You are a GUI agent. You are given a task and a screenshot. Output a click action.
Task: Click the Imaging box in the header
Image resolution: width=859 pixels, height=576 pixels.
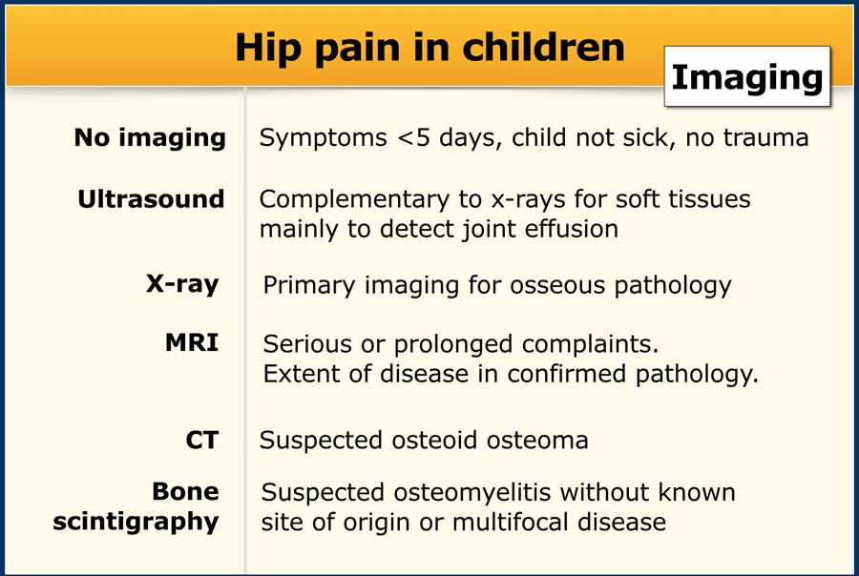747,76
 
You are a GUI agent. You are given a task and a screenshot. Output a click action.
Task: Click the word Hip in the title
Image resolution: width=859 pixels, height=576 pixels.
268,49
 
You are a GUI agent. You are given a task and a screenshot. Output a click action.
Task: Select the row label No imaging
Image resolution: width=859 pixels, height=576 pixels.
150,138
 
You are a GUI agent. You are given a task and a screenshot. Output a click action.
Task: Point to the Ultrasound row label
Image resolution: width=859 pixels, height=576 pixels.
151,198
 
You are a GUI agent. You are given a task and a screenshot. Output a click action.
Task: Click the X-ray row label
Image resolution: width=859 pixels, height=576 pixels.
182,284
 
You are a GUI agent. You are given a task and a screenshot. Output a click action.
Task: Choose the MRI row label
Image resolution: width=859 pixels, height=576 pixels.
192,342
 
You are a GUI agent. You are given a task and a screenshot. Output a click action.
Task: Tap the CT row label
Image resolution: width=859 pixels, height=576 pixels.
202,441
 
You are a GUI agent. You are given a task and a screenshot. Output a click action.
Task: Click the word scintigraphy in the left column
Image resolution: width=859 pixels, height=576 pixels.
136,522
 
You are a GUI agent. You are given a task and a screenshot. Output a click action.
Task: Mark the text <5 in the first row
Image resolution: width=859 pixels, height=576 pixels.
413,138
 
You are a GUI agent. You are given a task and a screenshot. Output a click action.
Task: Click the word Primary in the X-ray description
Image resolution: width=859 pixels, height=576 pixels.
309,286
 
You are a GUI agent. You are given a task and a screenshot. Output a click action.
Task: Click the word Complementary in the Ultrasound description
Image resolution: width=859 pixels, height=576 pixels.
354,200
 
